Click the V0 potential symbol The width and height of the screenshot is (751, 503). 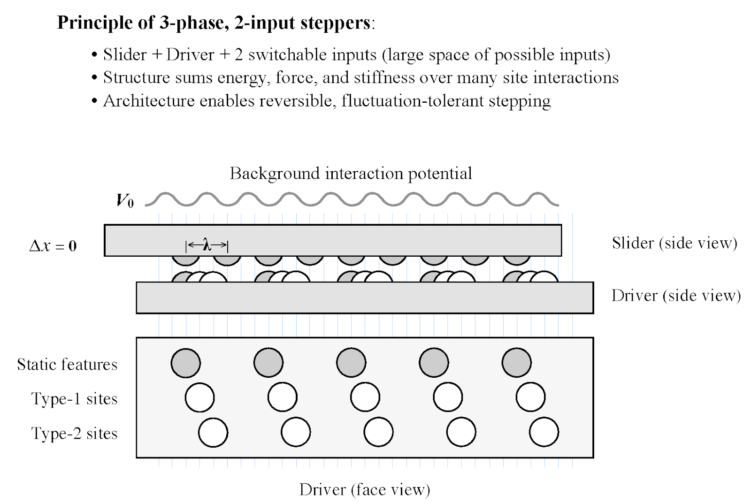(x=125, y=201)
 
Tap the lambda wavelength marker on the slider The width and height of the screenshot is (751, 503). (x=207, y=244)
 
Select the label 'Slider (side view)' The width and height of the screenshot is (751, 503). (x=674, y=243)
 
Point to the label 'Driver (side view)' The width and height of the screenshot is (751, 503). (x=676, y=296)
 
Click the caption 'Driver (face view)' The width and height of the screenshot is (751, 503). (x=365, y=489)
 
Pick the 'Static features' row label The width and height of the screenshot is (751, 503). (x=67, y=365)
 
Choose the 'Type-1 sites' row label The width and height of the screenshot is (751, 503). (x=74, y=399)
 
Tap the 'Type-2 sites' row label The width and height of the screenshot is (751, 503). (x=74, y=434)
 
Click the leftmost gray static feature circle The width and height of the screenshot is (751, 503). (x=186, y=363)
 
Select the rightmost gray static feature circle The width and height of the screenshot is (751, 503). (x=516, y=363)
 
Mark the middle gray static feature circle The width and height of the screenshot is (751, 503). (x=351, y=363)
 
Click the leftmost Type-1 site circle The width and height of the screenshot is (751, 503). (x=199, y=397)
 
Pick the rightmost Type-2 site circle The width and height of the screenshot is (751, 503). (x=544, y=432)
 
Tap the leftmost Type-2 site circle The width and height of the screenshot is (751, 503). (x=213, y=432)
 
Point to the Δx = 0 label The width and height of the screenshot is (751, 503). (x=53, y=246)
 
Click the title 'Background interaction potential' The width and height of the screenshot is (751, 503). (x=351, y=174)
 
